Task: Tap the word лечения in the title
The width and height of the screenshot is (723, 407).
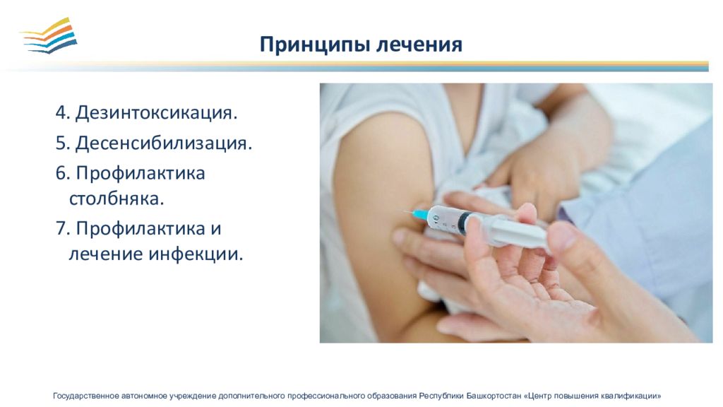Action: (x=419, y=45)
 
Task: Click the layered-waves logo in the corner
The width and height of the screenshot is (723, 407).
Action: (x=49, y=35)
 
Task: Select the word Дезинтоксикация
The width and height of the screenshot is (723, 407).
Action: (x=156, y=113)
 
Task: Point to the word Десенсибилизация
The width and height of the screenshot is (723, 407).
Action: (x=164, y=143)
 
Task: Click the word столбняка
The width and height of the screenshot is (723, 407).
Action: (x=116, y=199)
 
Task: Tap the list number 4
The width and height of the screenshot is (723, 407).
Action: (x=63, y=112)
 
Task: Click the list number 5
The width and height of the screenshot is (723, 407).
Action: (x=63, y=143)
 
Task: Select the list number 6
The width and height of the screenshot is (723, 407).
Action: (x=63, y=174)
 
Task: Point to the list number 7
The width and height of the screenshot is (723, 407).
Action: (x=63, y=228)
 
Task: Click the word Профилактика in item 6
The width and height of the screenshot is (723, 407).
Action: (x=141, y=175)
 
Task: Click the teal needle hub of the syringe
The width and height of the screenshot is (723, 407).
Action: (x=420, y=214)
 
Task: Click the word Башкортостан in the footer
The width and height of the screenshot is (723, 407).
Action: (x=494, y=396)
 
